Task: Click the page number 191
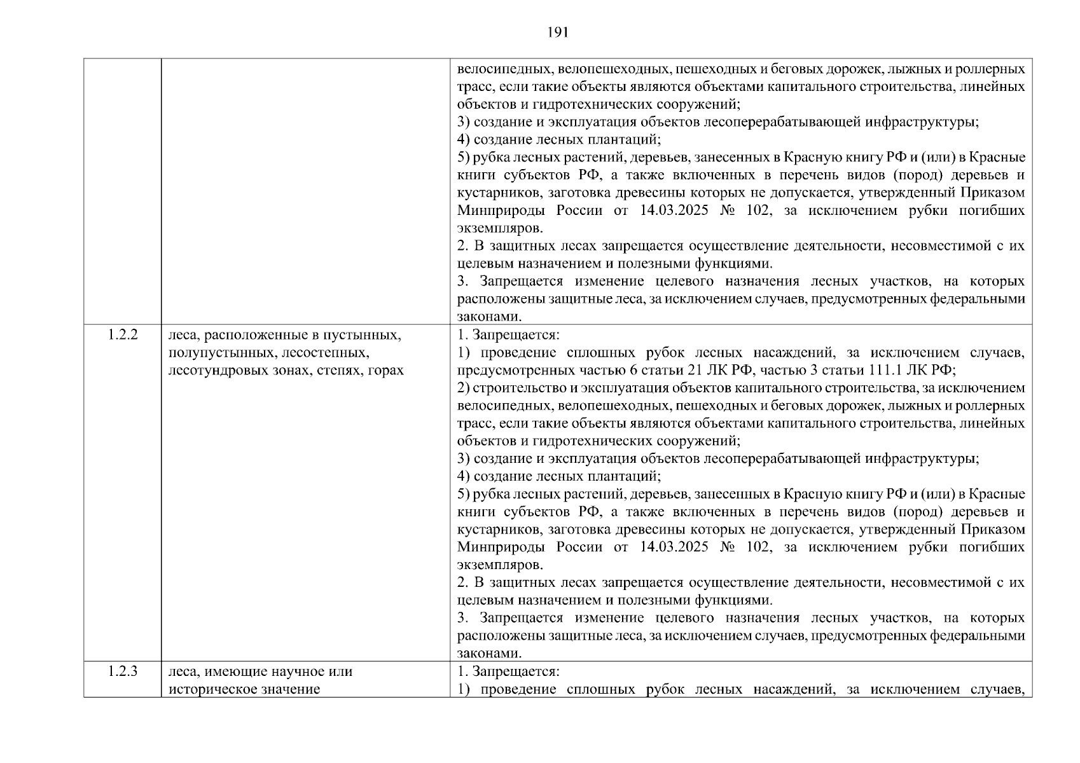[x=557, y=33]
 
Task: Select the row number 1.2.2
[x=123, y=335]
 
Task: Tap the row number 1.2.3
[x=123, y=671]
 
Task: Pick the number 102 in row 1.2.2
[x=759, y=547]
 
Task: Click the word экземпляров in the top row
[x=500, y=228]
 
